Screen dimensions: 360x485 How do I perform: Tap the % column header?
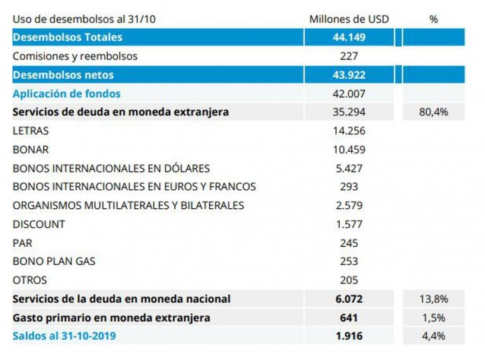(433, 19)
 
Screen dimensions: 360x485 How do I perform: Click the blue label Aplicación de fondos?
(66, 93)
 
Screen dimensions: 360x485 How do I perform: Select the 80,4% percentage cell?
(433, 112)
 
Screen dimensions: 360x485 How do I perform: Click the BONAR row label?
(30, 150)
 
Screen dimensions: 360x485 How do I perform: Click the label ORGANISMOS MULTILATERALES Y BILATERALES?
(128, 205)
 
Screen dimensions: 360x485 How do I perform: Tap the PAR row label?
(23, 243)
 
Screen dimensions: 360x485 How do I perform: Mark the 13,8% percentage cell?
(433, 298)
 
